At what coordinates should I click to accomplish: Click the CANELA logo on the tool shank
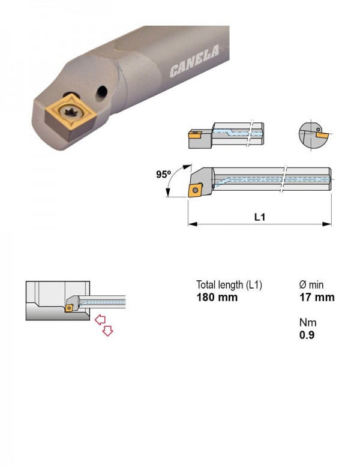(194, 61)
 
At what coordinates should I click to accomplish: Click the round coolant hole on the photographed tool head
(101, 93)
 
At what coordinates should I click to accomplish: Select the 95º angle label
(163, 174)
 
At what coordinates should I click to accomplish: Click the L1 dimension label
(260, 217)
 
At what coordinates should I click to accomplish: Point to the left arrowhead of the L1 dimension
(192, 224)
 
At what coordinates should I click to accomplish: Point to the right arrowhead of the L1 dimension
(327, 224)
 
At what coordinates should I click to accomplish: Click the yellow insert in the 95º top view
(195, 190)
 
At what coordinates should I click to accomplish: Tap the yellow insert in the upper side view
(195, 135)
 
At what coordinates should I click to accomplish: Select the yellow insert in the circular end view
(322, 136)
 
